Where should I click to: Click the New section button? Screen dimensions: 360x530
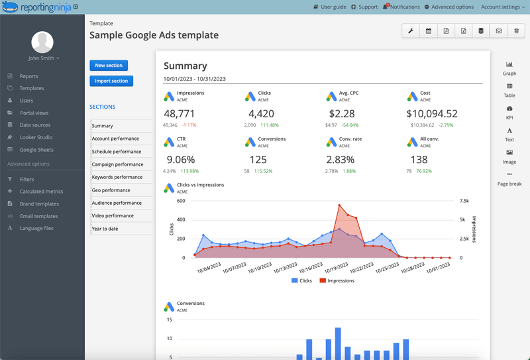coord(109,66)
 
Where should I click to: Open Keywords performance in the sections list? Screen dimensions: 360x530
coord(117,177)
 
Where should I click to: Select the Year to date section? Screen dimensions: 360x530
coord(106,229)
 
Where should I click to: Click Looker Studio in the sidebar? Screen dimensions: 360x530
coord(36,137)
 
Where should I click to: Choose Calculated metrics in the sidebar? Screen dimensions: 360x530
coord(41,192)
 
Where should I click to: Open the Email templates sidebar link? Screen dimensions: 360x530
coord(38,216)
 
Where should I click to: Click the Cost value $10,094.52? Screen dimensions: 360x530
coord(432,113)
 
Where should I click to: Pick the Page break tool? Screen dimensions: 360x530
coord(509,179)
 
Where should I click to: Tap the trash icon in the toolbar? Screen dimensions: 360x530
coord(517,30)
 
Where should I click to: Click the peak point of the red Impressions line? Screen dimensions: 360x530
coord(339,206)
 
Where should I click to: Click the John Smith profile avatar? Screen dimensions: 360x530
coord(42,42)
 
